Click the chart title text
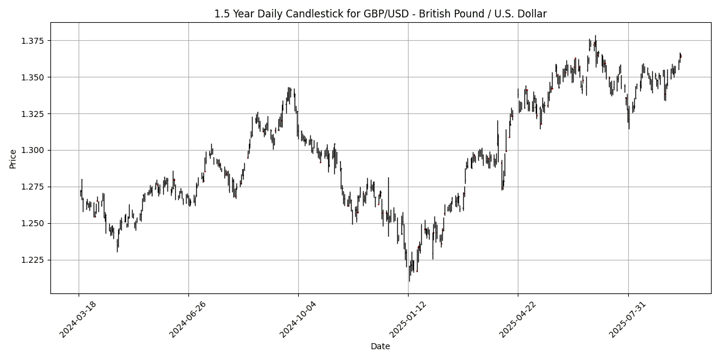pyautogui.click(x=380, y=14)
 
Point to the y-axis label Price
pyautogui.click(x=13, y=158)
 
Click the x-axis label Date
pyautogui.click(x=380, y=346)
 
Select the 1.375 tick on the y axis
pyautogui.click(x=34, y=41)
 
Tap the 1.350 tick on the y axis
pyautogui.click(x=34, y=77)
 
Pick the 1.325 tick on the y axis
pyautogui.click(x=34, y=114)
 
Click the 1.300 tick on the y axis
pyautogui.click(x=34, y=151)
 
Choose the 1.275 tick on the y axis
pyautogui.click(x=34, y=187)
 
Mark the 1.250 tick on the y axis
pyautogui.click(x=34, y=223)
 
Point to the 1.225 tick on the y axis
pyautogui.click(x=34, y=260)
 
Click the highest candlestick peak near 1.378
pyautogui.click(x=595, y=36)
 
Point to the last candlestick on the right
pyautogui.click(x=681, y=56)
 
